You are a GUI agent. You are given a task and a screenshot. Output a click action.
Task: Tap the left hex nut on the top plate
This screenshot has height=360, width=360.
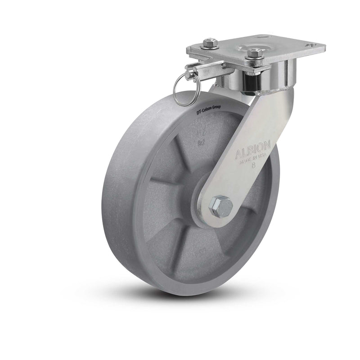click(x=209, y=44)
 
